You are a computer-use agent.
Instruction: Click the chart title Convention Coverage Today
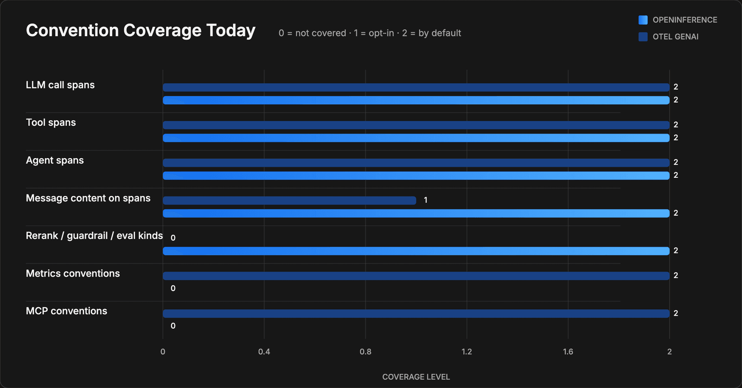(x=141, y=31)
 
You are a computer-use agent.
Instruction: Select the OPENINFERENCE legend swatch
(x=643, y=20)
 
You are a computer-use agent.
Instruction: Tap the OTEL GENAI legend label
(x=675, y=37)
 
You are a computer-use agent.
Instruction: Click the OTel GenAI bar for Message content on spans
(x=289, y=200)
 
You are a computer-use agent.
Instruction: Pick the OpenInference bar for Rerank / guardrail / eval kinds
(x=416, y=251)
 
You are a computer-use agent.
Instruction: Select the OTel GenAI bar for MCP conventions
(x=416, y=313)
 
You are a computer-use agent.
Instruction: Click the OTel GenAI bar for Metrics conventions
(x=416, y=276)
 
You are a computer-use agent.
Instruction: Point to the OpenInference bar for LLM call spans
(x=416, y=100)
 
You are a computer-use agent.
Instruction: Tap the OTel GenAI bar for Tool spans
(x=416, y=125)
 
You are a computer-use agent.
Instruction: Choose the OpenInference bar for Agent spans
(x=416, y=175)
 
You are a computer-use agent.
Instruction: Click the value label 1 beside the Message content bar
(x=426, y=200)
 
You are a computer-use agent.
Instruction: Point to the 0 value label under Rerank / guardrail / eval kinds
(x=173, y=238)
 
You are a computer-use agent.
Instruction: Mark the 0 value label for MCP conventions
(x=173, y=326)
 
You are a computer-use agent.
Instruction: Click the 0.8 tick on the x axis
(x=365, y=351)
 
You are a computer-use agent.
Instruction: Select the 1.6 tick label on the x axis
(x=568, y=351)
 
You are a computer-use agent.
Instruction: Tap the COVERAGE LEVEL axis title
(x=416, y=377)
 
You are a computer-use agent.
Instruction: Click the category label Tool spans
(x=51, y=123)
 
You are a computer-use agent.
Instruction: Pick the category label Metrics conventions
(x=73, y=273)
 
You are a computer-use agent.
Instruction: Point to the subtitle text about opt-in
(x=370, y=33)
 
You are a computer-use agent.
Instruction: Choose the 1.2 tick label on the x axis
(x=467, y=351)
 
